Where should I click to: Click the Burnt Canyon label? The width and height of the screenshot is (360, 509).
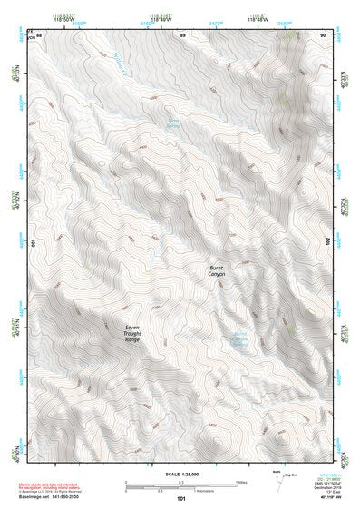215,269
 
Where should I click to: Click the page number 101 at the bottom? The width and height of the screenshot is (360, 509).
181,498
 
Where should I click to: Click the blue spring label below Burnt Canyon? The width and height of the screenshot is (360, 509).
240,340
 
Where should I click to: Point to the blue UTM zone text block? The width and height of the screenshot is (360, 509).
328,480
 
